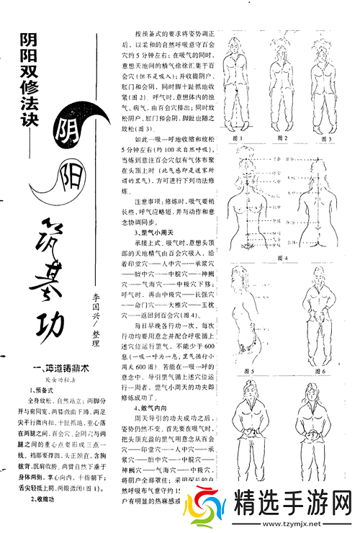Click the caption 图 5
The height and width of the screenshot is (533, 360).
click(x=249, y=372)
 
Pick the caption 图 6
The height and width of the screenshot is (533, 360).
click(x=321, y=372)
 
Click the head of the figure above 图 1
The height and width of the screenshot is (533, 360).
click(x=238, y=44)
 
